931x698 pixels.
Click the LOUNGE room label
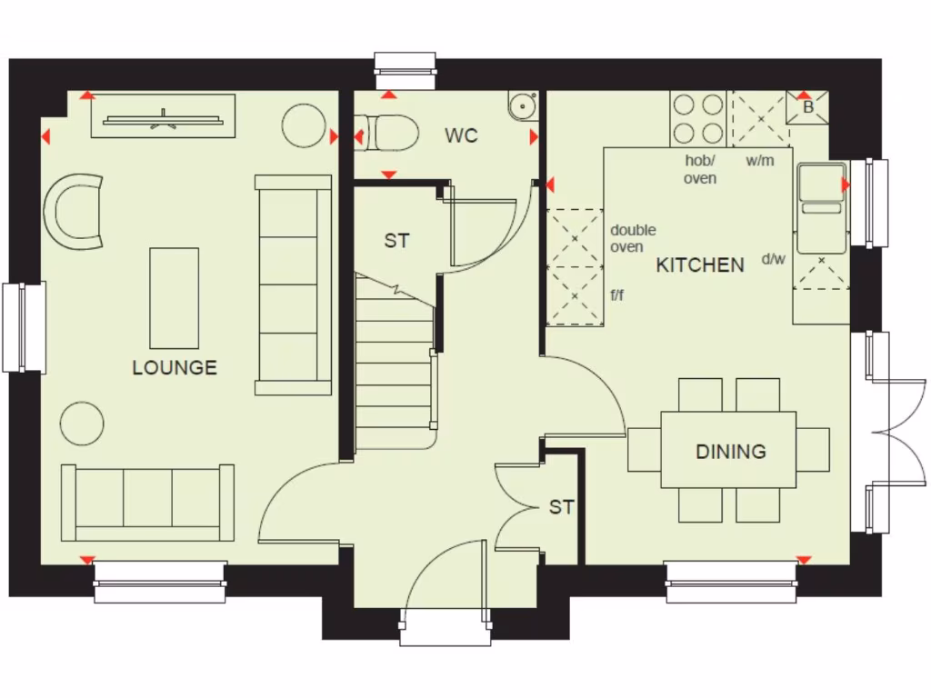click(175, 368)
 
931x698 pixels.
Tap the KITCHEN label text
click(700, 265)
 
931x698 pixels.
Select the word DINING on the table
click(730, 452)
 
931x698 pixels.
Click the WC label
click(461, 136)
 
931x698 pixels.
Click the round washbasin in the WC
click(523, 107)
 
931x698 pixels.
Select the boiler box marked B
click(807, 106)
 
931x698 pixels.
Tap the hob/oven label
click(700, 169)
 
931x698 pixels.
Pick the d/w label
click(773, 259)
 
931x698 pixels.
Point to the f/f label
click(618, 294)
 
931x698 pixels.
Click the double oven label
click(633, 238)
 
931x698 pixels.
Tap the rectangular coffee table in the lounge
click(174, 297)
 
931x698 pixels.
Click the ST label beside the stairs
click(396, 241)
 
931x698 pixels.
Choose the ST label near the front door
click(561, 507)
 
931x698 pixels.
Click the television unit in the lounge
click(163, 116)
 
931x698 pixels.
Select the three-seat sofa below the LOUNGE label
click(147, 503)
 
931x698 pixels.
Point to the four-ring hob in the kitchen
click(698, 119)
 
